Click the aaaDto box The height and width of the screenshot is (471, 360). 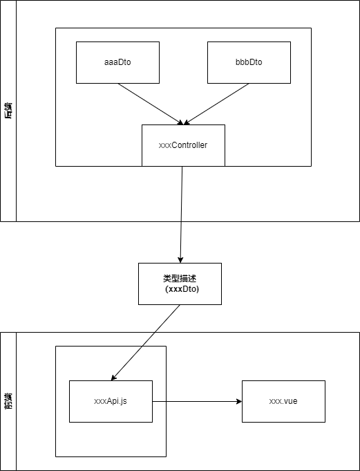pos(117,62)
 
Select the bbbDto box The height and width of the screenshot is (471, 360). pos(249,62)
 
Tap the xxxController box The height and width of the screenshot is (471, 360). pos(183,145)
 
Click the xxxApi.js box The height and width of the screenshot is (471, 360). pos(111,401)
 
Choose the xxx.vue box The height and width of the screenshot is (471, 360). pos(283,401)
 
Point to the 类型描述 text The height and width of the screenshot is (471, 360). pos(180,278)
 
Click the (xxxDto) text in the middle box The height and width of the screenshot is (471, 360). pos(182,289)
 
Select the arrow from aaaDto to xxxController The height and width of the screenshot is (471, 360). pos(150,104)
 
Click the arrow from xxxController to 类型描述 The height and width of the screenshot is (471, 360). pos(181,214)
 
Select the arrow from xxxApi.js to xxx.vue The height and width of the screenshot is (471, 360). pos(197,401)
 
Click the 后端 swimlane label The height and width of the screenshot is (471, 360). pos(8,111)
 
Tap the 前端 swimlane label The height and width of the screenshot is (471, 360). pos(8,401)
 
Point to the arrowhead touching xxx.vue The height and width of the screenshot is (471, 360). pos(238,401)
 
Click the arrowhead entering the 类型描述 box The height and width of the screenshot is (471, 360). pos(180,259)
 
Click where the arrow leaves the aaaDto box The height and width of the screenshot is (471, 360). pos(118,84)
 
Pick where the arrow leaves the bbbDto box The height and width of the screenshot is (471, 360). pos(248,84)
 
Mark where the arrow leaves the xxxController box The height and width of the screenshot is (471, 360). pos(182,167)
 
